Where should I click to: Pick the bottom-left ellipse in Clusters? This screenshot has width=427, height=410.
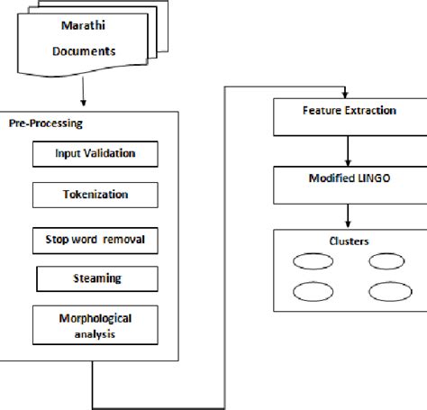[x=307, y=292]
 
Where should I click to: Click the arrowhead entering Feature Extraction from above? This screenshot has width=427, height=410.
[x=345, y=95]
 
